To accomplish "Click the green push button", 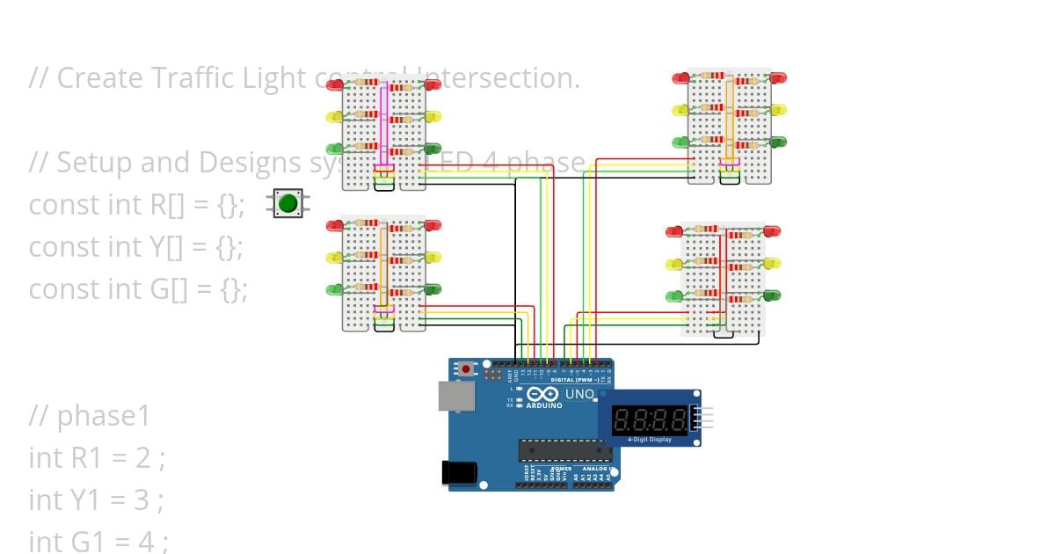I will [287, 204].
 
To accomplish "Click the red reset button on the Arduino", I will [466, 369].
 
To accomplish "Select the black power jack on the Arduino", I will [459, 472].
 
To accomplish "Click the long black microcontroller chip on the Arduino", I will [564, 450].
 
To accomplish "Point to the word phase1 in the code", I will [104, 416].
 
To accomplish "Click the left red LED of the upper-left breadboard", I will [335, 85].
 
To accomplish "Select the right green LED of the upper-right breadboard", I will [777, 142].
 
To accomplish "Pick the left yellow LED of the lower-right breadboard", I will [675, 264].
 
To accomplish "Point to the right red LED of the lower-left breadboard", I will [433, 226].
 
